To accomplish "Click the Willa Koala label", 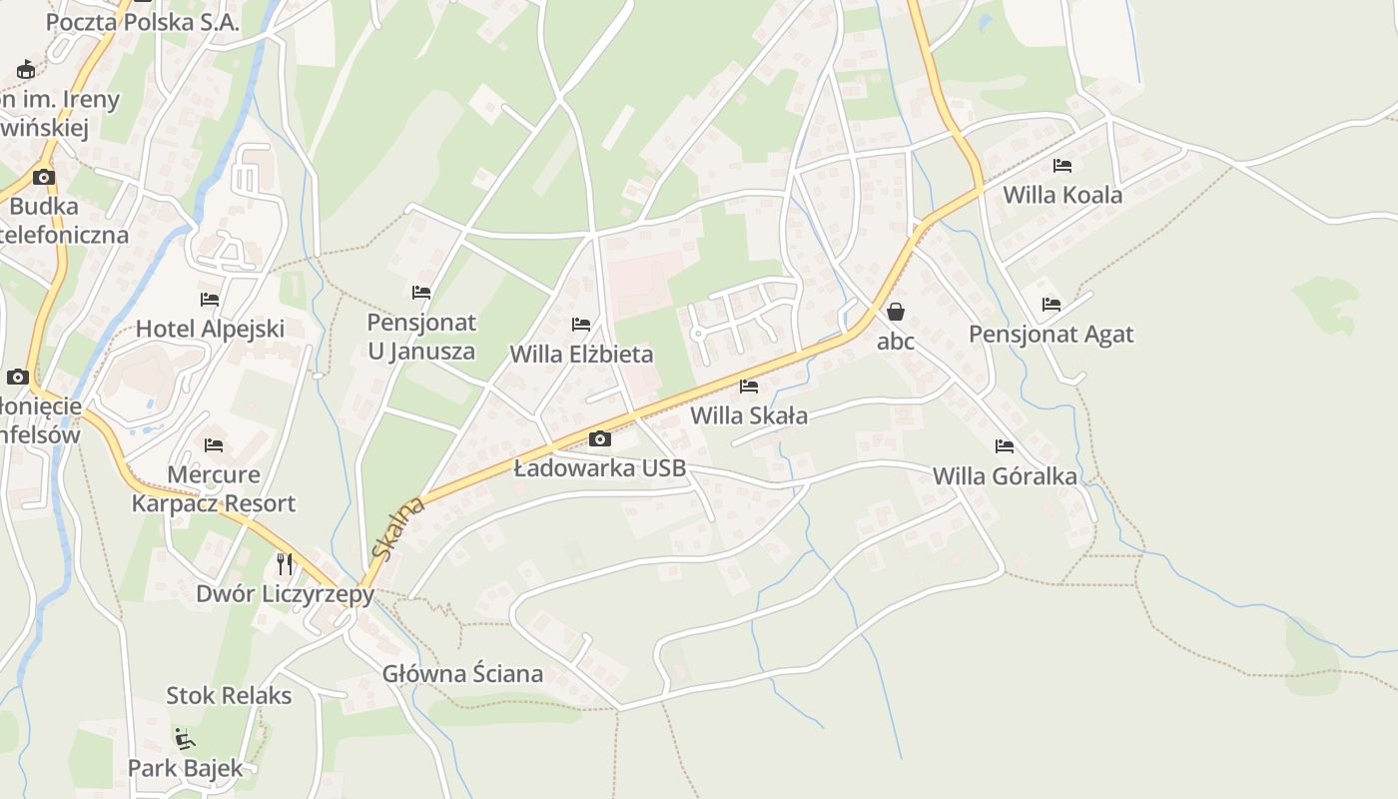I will coord(1062,195).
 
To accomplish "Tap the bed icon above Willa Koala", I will coord(1062,165).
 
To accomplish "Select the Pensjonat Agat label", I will coord(1051,334).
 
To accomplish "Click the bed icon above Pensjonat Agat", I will coord(1051,304).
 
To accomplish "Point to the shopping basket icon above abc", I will coord(896,312).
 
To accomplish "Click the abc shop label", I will coord(896,341).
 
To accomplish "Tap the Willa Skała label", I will coord(749,415).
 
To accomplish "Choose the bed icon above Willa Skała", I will coord(749,387).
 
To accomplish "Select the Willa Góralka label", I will coord(1005,476).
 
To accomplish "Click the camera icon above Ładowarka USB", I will coord(600,438).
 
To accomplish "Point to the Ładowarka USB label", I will coord(600,467).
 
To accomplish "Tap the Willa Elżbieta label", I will coord(581,354).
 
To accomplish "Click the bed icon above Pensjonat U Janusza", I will coord(421,293).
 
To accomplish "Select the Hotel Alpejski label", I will coord(210,329).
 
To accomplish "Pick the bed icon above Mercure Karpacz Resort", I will coord(214,445).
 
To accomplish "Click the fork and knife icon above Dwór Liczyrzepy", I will coord(286,564).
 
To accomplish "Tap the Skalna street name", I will coord(397,529).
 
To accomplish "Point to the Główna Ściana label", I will coord(463,674).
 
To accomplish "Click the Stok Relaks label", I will coord(229,695).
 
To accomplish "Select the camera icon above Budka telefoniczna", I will coord(43,178).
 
